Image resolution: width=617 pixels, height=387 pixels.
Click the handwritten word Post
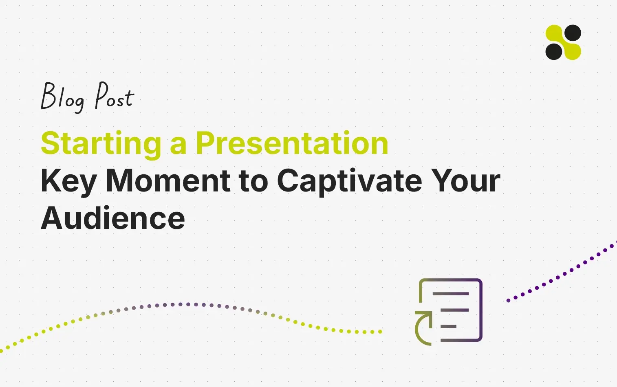coord(115,95)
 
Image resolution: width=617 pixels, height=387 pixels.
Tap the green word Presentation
coord(292,143)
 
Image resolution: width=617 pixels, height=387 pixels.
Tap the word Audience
coord(112,218)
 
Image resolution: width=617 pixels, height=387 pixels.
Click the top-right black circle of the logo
coord(573,33)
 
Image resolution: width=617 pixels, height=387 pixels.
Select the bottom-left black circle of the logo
coord(554,51)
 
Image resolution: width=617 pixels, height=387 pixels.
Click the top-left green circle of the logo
coord(554,33)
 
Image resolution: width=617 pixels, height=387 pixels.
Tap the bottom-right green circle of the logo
coord(573,51)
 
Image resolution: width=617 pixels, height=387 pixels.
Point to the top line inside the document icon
coord(451,294)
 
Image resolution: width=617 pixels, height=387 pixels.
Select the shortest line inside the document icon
coord(448,326)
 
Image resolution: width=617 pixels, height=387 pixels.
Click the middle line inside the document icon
coord(455,310)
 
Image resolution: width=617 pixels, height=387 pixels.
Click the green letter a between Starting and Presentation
coord(178,146)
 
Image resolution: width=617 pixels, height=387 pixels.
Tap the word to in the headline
coord(253,182)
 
